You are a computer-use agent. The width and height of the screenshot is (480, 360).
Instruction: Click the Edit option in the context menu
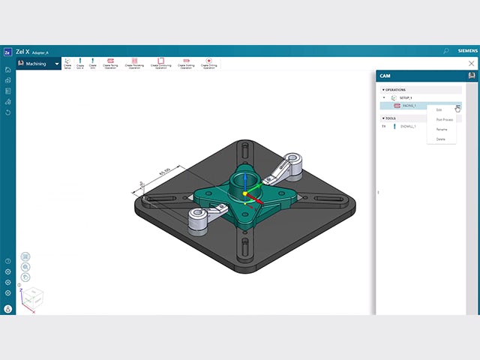click(439, 110)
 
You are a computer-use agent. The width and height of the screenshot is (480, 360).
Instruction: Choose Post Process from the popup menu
click(444, 119)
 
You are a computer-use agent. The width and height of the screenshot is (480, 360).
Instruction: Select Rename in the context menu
click(442, 129)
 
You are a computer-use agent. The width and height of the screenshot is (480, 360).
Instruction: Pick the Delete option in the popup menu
click(441, 139)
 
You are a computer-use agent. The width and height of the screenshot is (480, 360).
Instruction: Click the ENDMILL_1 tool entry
click(409, 127)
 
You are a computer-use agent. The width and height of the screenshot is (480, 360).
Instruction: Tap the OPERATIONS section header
click(395, 89)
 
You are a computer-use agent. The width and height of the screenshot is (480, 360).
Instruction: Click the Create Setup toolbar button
click(67, 63)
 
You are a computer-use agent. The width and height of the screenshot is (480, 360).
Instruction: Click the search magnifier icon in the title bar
click(446, 51)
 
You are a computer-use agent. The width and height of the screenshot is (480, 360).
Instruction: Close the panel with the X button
click(471, 64)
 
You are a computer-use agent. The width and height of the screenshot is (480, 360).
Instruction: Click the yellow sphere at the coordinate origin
click(244, 194)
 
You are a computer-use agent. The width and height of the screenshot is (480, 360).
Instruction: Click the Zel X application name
click(22, 51)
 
